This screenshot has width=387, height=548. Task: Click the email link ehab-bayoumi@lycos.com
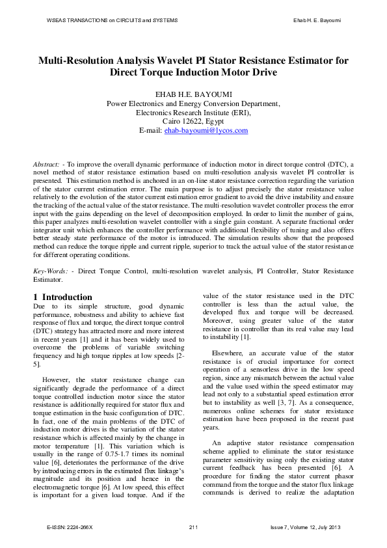(206, 131)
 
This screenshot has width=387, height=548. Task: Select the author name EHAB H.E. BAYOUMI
(193, 92)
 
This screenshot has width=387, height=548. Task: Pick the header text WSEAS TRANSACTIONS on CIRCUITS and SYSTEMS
(112, 21)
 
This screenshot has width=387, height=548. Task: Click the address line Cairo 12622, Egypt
(193, 121)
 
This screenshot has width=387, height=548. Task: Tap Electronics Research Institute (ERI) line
(193, 112)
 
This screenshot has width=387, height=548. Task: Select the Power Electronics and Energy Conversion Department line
(193, 103)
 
